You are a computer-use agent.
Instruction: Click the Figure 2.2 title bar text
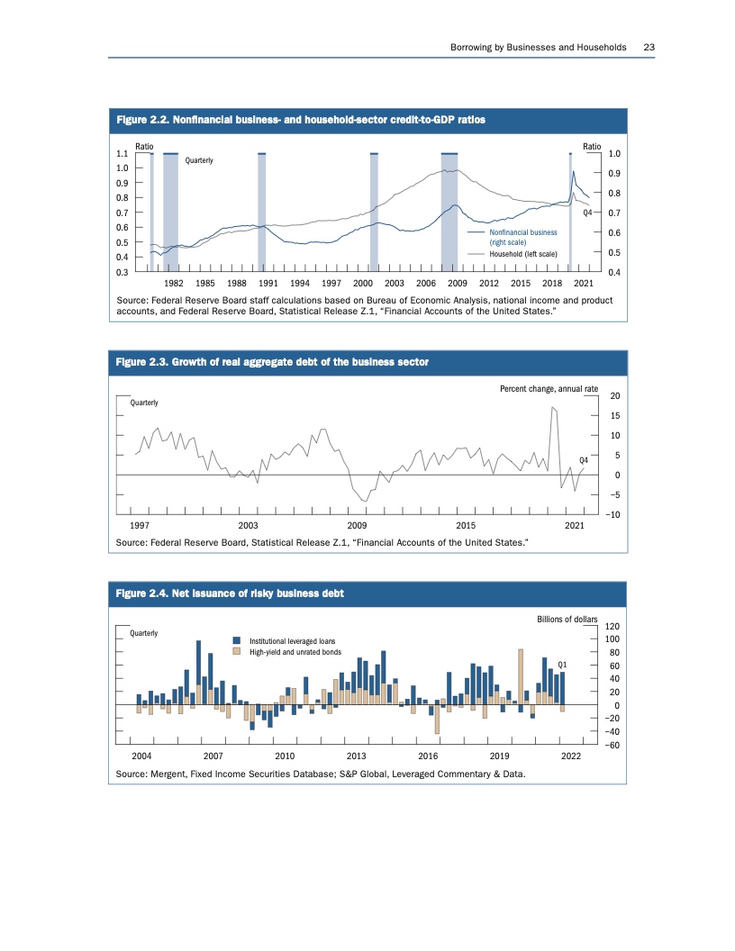tap(301, 120)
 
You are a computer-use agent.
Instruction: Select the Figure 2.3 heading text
tap(272, 361)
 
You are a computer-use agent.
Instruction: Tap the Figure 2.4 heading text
tap(230, 593)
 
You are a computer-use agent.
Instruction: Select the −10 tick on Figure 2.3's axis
tap(615, 514)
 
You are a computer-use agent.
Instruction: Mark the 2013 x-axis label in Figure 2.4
tap(356, 756)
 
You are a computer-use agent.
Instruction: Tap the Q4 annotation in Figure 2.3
tap(583, 460)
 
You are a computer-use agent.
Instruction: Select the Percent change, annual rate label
tap(549, 388)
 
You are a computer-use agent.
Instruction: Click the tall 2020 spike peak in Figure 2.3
tap(552, 408)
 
